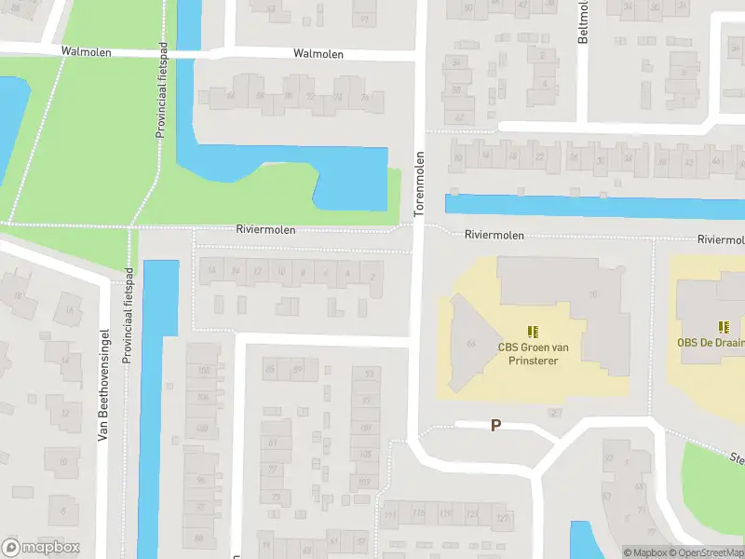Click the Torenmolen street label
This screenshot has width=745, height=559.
tap(419, 184)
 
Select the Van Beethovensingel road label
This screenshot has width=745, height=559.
tap(104, 385)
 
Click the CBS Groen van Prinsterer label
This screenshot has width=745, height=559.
tap(534, 354)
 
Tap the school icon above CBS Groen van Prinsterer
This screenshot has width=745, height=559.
tap(533, 331)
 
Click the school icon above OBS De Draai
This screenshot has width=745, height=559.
tap(724, 326)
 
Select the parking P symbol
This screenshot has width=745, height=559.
tap(495, 425)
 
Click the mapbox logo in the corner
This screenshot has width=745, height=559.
tap(41, 548)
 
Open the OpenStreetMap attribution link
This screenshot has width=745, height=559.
tap(708, 552)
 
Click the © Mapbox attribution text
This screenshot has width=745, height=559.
tap(646, 552)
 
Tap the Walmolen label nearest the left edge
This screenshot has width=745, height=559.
tap(86, 52)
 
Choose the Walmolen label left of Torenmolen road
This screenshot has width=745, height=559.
tap(318, 54)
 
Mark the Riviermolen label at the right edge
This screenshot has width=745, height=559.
tap(721, 239)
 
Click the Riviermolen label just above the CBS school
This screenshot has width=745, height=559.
tap(494, 236)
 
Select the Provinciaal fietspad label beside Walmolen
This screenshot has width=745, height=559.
tap(161, 93)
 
